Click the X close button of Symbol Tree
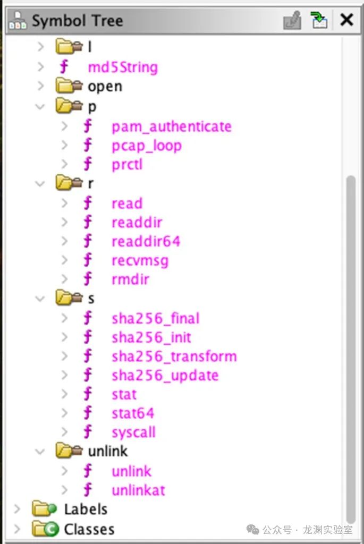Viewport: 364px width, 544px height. [346, 21]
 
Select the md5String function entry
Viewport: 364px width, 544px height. [122, 67]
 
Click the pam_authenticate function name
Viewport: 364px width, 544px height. [171, 127]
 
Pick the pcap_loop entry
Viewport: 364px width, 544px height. [146, 146]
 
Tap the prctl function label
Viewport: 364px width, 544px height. [127, 165]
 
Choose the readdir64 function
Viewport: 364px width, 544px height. [146, 241]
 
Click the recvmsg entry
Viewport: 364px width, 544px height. [140, 260]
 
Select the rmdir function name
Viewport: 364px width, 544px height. [130, 279]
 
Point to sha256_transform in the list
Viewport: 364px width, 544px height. [174, 356]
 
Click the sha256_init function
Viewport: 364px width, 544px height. [151, 337]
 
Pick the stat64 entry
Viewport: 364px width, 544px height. [133, 413]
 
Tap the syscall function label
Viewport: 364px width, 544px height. [133, 432]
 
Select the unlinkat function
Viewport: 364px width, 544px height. [138, 490]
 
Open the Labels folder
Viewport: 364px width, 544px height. [85, 509]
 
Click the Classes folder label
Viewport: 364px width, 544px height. [89, 529]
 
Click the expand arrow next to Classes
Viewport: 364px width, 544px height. [18, 529]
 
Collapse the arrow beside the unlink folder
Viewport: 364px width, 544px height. [40, 452]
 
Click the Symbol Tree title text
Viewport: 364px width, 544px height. [77, 21]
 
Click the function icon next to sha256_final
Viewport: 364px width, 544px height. [88, 318]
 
